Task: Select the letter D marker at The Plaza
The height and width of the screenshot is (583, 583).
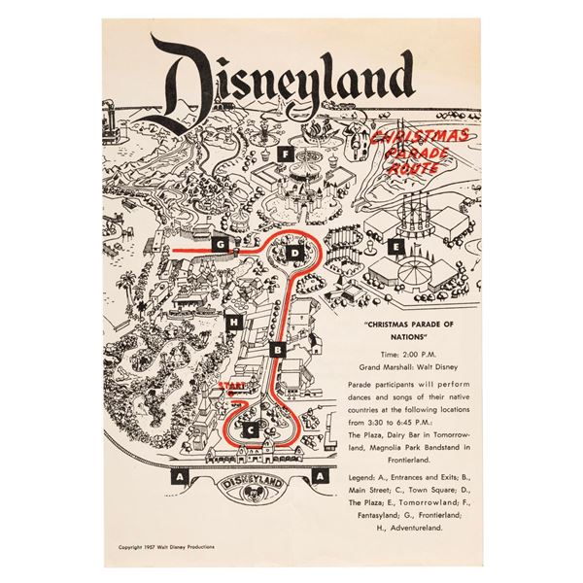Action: point(296,254)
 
